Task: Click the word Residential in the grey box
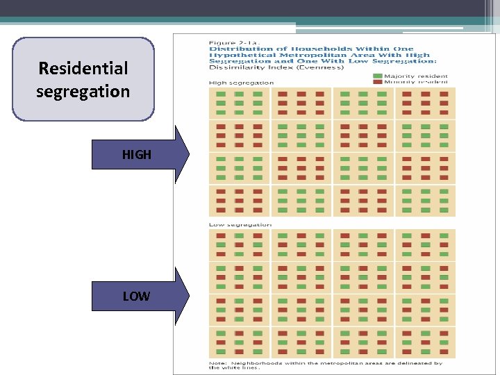coord(83,69)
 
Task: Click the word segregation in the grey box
coord(83,92)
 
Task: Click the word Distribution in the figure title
coord(235,49)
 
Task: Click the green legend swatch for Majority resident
coord(377,76)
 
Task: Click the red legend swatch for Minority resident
coord(377,82)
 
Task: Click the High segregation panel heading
coord(241,83)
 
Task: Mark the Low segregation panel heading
coord(240,224)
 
